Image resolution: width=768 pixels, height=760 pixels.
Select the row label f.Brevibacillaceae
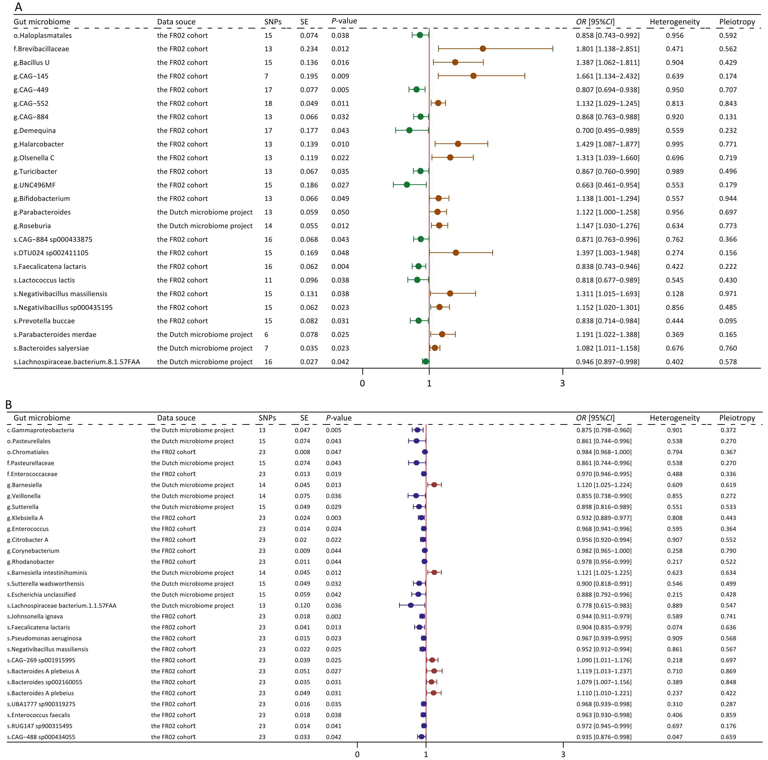click(x=41, y=49)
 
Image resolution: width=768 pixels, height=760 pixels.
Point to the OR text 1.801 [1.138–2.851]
click(x=607, y=49)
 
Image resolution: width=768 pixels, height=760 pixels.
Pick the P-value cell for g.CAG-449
click(x=340, y=90)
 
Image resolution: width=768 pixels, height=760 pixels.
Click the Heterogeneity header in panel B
click(x=675, y=418)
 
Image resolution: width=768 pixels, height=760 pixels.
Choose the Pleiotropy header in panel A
click(x=737, y=22)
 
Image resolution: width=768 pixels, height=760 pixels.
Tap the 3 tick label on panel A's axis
click(x=562, y=384)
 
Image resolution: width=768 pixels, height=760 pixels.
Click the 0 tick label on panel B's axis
click(x=357, y=754)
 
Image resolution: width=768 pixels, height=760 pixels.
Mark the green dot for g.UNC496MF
click(x=407, y=185)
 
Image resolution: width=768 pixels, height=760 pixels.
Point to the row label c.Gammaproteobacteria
click(x=40, y=430)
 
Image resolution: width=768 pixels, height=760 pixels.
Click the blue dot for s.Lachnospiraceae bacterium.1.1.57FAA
click(x=411, y=605)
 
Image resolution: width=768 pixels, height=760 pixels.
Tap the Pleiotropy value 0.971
click(x=728, y=294)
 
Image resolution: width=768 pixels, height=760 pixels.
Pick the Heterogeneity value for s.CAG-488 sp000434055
click(x=675, y=737)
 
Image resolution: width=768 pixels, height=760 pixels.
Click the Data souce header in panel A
click(x=176, y=22)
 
